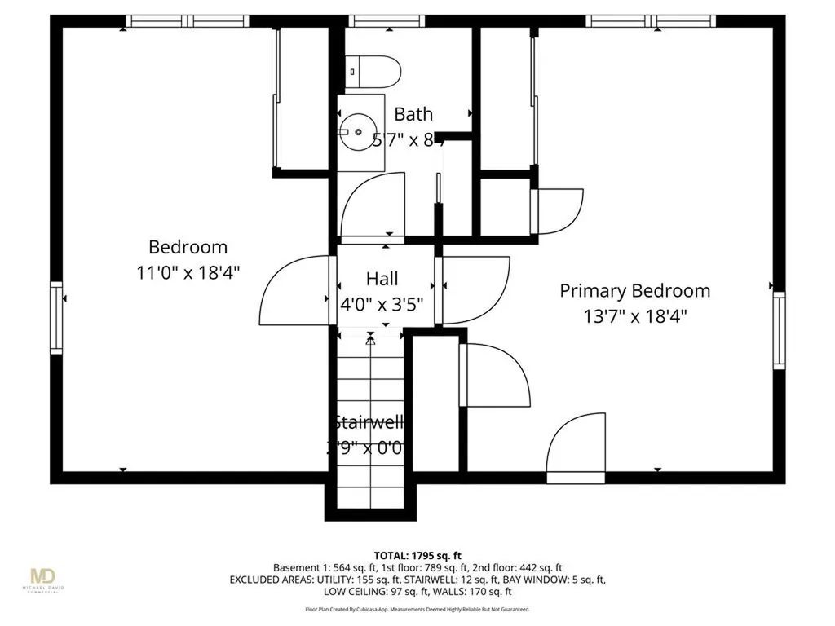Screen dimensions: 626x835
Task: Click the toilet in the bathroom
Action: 373,71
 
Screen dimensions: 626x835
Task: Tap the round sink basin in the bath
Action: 357,132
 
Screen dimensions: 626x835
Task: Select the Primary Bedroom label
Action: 634,290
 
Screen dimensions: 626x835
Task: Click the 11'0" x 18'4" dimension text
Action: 188,272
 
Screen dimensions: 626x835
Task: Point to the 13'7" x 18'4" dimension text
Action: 634,315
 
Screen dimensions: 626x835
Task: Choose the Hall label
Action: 382,279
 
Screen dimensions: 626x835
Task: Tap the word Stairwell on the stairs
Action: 369,422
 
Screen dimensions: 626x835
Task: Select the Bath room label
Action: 413,114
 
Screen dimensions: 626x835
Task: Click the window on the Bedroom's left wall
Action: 56,317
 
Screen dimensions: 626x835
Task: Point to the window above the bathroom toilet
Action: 375,21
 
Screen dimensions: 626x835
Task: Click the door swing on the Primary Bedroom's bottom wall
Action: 577,444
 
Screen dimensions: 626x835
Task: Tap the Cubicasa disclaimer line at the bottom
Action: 417,609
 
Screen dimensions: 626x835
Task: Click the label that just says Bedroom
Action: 188,247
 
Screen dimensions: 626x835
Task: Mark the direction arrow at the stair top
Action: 370,340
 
